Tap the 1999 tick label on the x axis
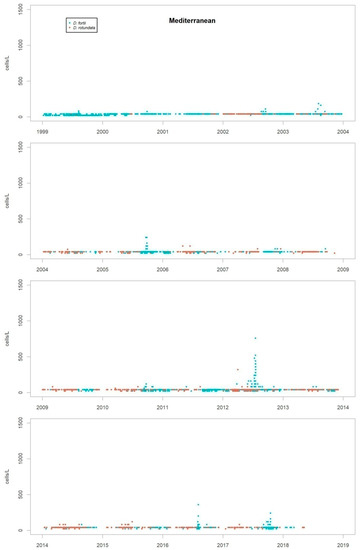(x=43, y=130)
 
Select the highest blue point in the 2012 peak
(x=255, y=338)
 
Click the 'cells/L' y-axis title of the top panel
(x=13, y=63)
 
